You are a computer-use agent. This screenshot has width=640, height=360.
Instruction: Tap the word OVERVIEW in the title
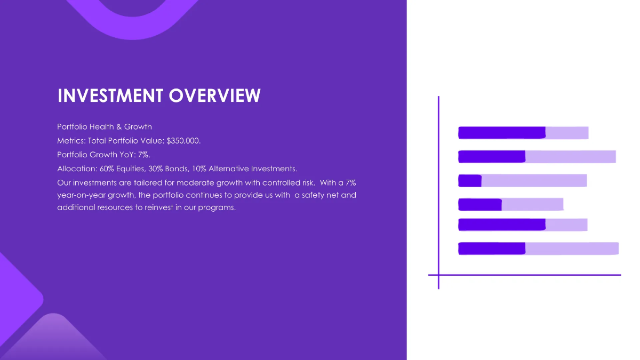(215, 96)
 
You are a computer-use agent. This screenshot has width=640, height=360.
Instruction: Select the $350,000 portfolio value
(183, 141)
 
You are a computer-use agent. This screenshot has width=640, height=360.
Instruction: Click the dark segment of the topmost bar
(501, 133)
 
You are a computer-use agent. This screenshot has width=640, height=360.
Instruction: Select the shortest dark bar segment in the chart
(470, 181)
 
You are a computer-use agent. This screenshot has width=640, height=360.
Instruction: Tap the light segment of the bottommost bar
(572, 248)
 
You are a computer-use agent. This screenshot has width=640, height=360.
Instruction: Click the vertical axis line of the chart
(438, 192)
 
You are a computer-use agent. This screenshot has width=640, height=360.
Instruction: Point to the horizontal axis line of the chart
(524, 275)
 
